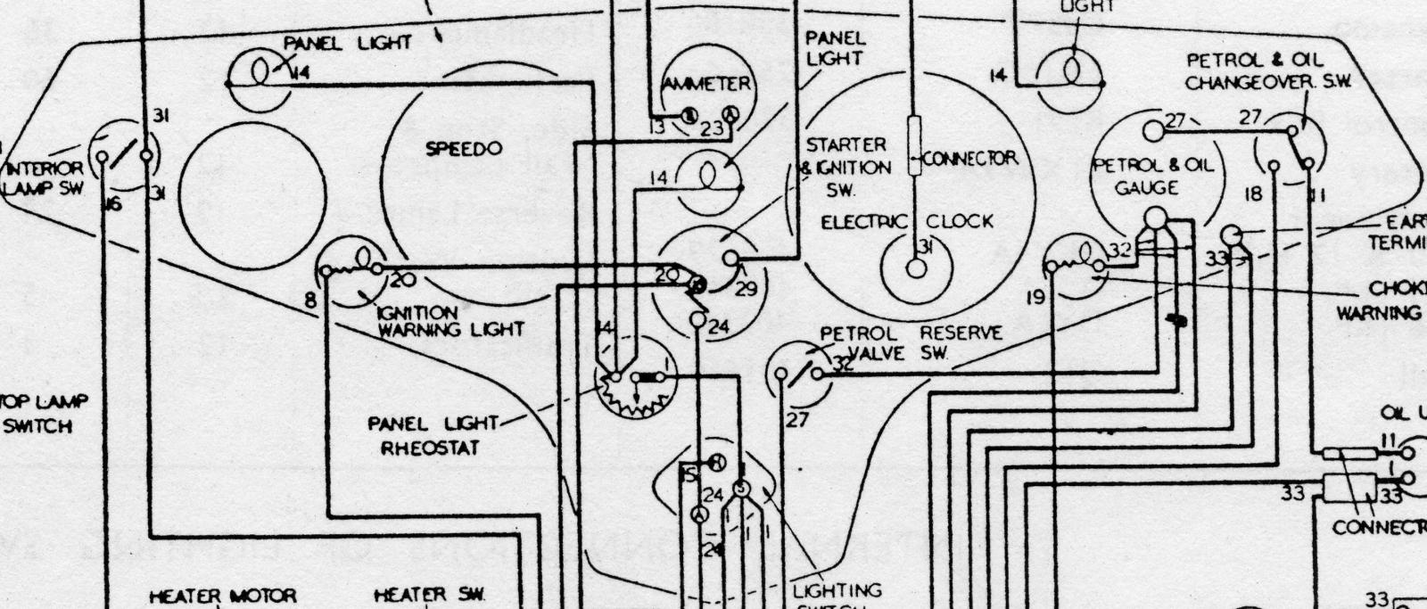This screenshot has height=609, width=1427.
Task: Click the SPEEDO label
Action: point(464,149)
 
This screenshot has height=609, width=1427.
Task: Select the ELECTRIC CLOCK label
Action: point(906,222)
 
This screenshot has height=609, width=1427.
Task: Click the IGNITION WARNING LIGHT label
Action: point(450,321)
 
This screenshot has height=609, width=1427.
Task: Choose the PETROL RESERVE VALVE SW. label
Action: point(910,342)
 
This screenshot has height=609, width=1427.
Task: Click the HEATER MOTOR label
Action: point(222,596)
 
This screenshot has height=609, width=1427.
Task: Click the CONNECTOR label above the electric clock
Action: point(969,159)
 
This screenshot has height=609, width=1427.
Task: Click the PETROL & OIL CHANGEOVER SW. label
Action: point(1267,70)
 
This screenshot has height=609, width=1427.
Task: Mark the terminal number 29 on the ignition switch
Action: point(746,288)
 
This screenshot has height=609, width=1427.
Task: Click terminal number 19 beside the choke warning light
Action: point(1035,298)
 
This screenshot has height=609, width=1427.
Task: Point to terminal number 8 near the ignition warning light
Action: point(310,300)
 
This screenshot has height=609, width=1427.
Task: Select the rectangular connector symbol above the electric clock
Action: point(914,145)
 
